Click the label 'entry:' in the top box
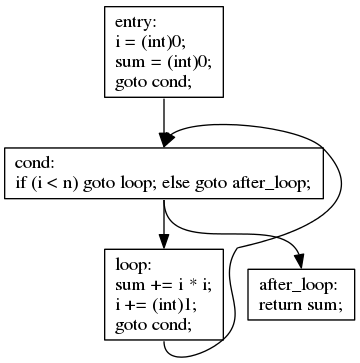[x=137, y=22]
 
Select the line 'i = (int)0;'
[x=150, y=41]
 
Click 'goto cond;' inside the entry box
[x=150, y=79]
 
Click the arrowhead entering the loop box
[x=163, y=242]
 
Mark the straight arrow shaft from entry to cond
[x=163, y=115]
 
